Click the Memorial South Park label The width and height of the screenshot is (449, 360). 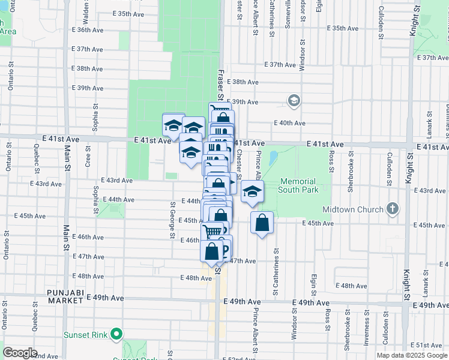coord(297,185)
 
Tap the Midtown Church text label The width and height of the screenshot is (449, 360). coord(352,209)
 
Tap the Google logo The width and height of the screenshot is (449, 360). coord(20,353)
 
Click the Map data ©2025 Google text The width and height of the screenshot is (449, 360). coord(412,355)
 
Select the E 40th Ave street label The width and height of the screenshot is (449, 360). coord(289,123)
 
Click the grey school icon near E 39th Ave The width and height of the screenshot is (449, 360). coord(294,100)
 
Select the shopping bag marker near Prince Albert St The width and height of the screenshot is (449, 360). coord(262,223)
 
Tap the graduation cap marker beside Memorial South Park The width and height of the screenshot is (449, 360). coord(252,192)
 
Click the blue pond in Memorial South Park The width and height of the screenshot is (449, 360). coord(274,158)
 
